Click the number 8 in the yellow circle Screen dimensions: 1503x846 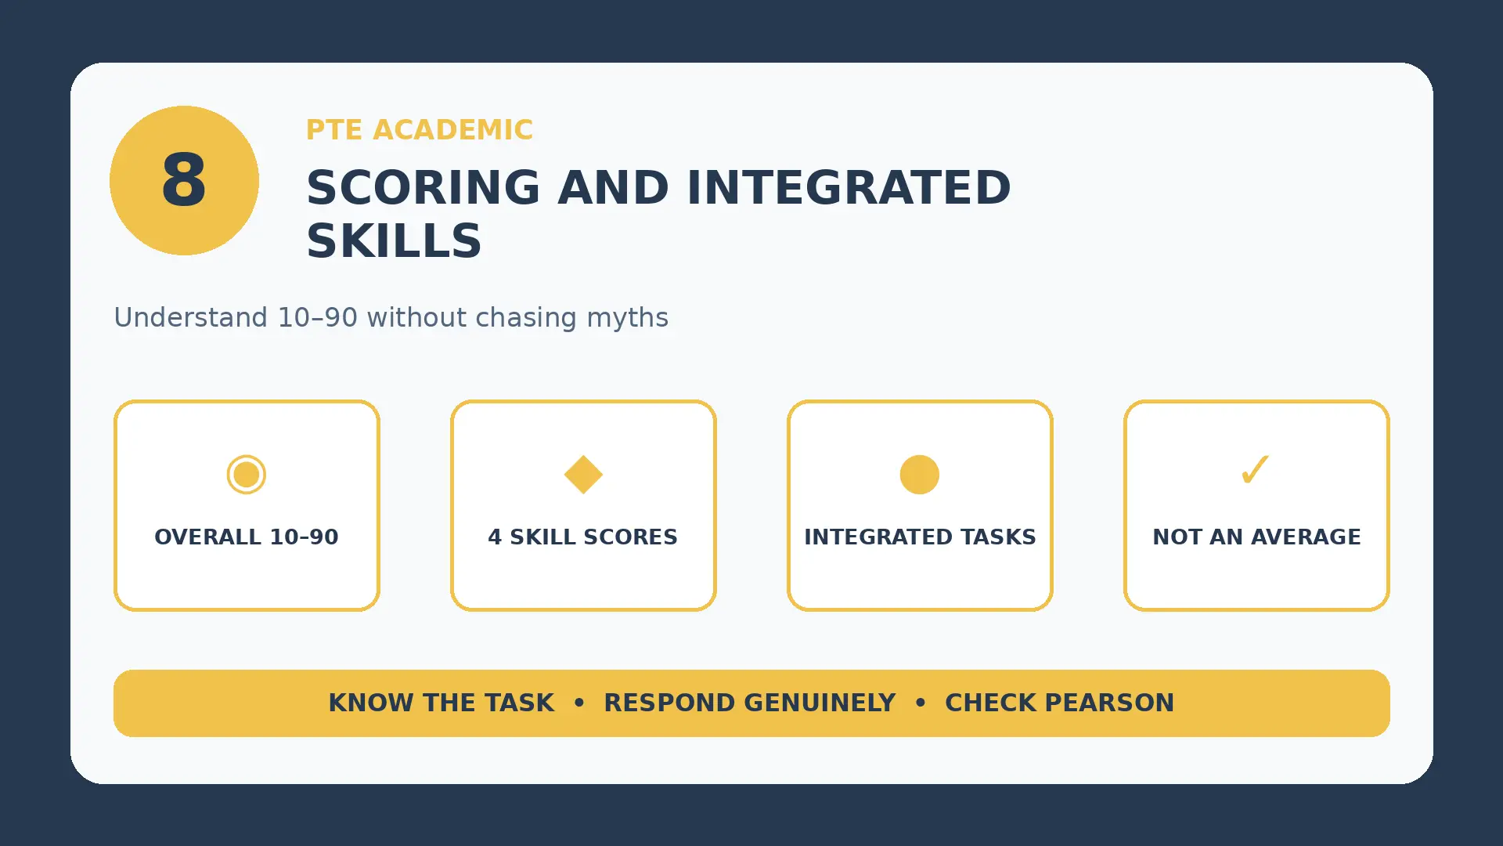pyautogui.click(x=184, y=180)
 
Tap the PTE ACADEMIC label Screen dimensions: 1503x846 pyautogui.click(x=420, y=130)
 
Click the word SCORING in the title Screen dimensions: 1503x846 pyautogui.click(x=423, y=188)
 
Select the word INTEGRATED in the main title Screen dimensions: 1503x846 pyautogui.click(x=849, y=188)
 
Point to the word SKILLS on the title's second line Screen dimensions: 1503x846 pyautogui.click(x=394, y=241)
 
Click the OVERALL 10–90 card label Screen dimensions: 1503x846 pyautogui.click(x=247, y=537)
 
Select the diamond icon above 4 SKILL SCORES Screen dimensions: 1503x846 pyautogui.click(x=583, y=475)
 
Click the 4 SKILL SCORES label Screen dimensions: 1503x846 pyautogui.click(x=583, y=537)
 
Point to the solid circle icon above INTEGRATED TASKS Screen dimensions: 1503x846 pyautogui.click(x=920, y=475)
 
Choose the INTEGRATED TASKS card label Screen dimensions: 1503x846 pyautogui.click(x=920, y=537)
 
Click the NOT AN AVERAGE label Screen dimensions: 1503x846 pyautogui.click(x=1256, y=537)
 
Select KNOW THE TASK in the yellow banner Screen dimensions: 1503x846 pyautogui.click(x=442, y=703)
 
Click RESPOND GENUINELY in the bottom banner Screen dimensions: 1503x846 pyautogui.click(x=750, y=703)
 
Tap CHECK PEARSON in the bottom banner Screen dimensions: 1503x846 pyautogui.click(x=1060, y=703)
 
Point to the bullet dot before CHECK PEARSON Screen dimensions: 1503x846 pyautogui.click(x=921, y=703)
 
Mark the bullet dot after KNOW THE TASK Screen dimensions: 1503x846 pyautogui.click(x=579, y=703)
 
